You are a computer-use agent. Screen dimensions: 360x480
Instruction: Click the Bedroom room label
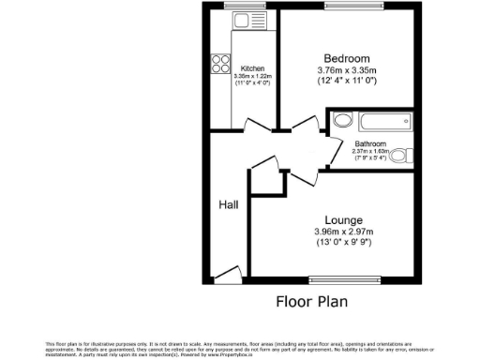pyautogui.click(x=346, y=55)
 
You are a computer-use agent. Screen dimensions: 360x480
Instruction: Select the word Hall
pyautogui.click(x=229, y=204)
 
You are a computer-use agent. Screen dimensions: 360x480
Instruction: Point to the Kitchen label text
pyautogui.click(x=252, y=68)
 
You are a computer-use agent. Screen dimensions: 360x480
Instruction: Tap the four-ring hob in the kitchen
pyautogui.click(x=221, y=64)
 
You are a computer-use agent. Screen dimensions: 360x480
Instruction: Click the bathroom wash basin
pyautogui.click(x=342, y=120)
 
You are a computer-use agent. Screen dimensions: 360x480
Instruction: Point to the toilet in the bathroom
pyautogui.click(x=400, y=156)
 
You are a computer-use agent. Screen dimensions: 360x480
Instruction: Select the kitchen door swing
pyautogui.click(x=251, y=122)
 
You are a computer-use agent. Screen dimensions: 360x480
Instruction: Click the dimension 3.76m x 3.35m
pyautogui.click(x=346, y=68)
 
